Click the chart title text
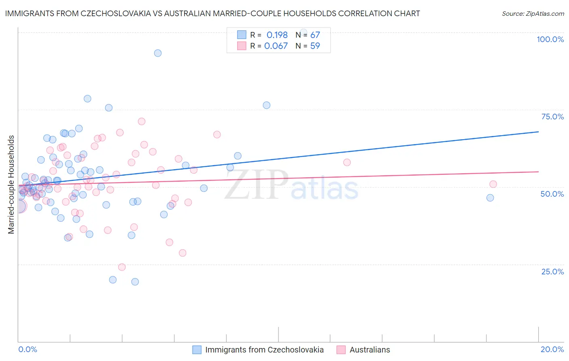tap(212, 13)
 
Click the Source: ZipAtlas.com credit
tap(533, 13)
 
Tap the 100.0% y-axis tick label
tap(550, 39)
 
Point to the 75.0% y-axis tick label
tap(552, 117)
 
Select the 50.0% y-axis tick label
tap(552, 194)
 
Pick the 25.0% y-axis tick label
tap(552, 272)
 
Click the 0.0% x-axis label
tap(28, 349)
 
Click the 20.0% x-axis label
tap(552, 349)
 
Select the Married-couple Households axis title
tap(11, 185)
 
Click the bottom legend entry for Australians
tap(369, 350)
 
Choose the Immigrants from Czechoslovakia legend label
tap(264, 350)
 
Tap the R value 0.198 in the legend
tap(277, 35)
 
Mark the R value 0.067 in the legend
tap(276, 46)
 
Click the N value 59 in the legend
tap(315, 46)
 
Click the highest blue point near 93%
tap(158, 53)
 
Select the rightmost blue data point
tap(490, 198)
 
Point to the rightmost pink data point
tap(493, 184)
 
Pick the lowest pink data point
tap(122, 267)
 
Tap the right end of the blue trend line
tap(538, 132)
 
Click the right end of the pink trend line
tap(538, 172)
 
